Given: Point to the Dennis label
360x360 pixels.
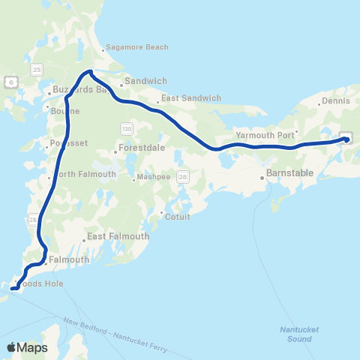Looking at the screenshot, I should pyautogui.click(x=335, y=100).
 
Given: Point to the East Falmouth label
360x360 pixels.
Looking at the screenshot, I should pyautogui.click(x=115, y=236).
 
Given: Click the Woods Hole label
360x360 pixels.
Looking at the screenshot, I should pyautogui.click(x=41, y=283).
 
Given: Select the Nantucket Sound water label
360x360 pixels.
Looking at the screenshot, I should pyautogui.click(x=294, y=334).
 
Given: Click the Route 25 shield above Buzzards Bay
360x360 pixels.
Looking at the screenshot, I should pyautogui.click(x=37, y=69).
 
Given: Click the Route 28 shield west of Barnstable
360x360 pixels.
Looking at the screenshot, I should pyautogui.click(x=184, y=177).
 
